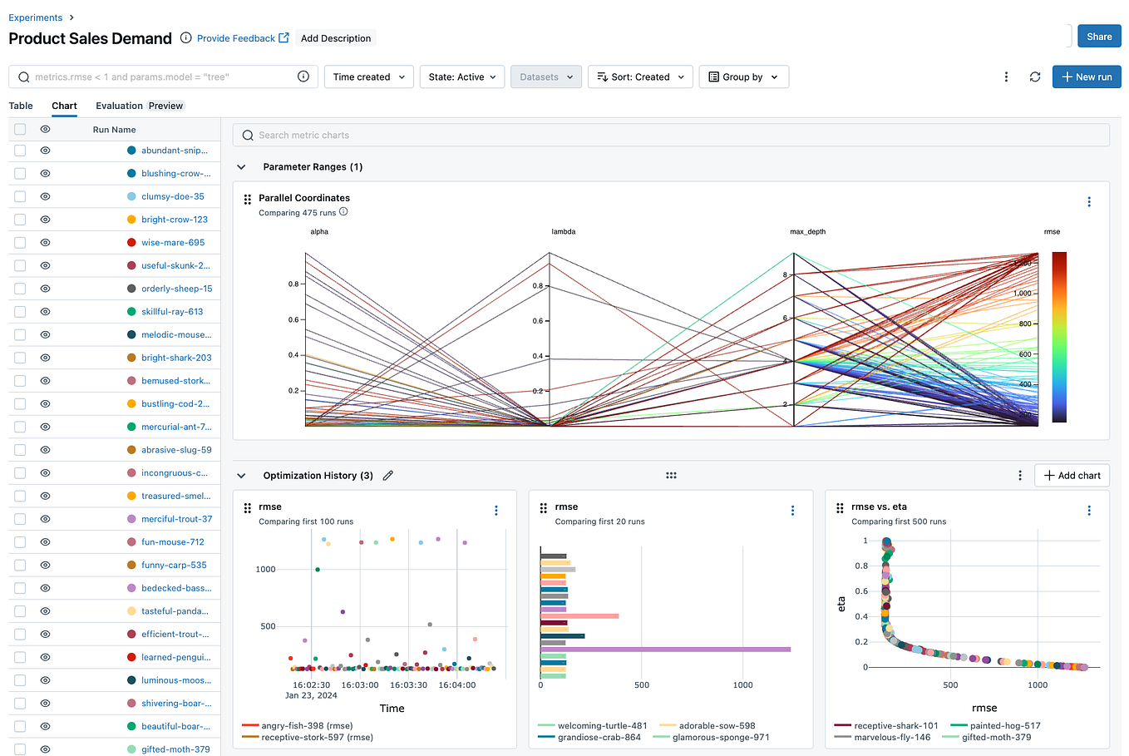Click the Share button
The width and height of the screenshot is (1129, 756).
tap(1098, 37)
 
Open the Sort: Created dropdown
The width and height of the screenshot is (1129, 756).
tap(640, 77)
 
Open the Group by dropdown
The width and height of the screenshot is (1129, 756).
tap(743, 77)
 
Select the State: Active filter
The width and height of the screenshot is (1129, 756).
tap(462, 77)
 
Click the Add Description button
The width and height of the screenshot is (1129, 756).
tap(336, 38)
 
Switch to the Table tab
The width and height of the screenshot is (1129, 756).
tap(21, 106)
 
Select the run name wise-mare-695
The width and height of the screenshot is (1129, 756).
tap(172, 243)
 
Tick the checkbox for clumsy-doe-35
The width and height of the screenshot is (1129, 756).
tap(20, 197)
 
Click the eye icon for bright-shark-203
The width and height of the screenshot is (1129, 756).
tap(45, 358)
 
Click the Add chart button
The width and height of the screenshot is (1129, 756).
tap(1072, 476)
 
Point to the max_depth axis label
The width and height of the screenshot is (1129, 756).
tap(806, 232)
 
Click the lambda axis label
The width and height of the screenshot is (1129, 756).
tap(563, 232)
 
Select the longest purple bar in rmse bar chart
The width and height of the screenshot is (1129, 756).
tap(665, 650)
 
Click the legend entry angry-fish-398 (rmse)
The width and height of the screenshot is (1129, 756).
tap(306, 726)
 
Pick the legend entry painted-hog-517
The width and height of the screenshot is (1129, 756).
tap(1004, 726)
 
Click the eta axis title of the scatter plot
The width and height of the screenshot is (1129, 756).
tap(841, 604)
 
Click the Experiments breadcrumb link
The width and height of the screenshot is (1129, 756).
tap(35, 17)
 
